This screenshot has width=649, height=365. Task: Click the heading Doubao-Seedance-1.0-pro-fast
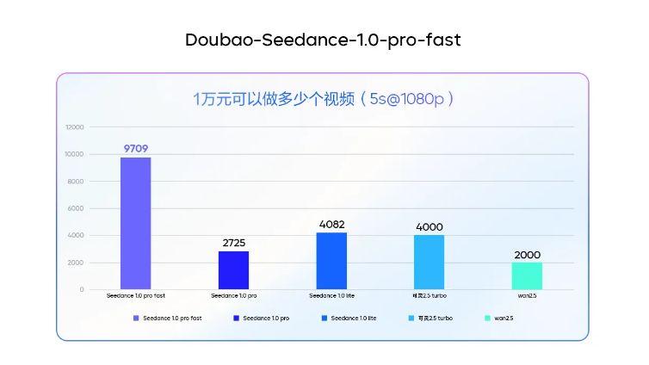323,40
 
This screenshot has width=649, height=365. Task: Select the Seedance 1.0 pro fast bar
135,223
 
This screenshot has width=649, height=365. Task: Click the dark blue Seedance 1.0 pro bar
233,269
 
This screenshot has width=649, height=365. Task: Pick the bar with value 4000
429,262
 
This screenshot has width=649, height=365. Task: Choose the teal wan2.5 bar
527,275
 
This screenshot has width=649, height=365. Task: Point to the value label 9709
135,149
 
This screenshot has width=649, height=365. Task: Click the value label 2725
233,243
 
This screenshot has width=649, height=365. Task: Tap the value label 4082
331,225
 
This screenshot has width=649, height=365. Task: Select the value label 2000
527,255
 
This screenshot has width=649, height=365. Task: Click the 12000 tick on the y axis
75,127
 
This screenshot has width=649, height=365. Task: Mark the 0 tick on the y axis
82,289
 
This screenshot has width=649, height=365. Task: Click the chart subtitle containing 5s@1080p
323,99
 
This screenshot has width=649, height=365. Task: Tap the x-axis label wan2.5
527,296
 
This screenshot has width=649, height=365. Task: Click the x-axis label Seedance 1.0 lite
331,296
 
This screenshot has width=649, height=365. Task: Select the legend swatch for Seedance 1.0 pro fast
136,319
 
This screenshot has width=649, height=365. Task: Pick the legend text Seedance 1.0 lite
354,319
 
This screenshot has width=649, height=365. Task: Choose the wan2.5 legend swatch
487,319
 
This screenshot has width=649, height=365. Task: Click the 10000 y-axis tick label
75,154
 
